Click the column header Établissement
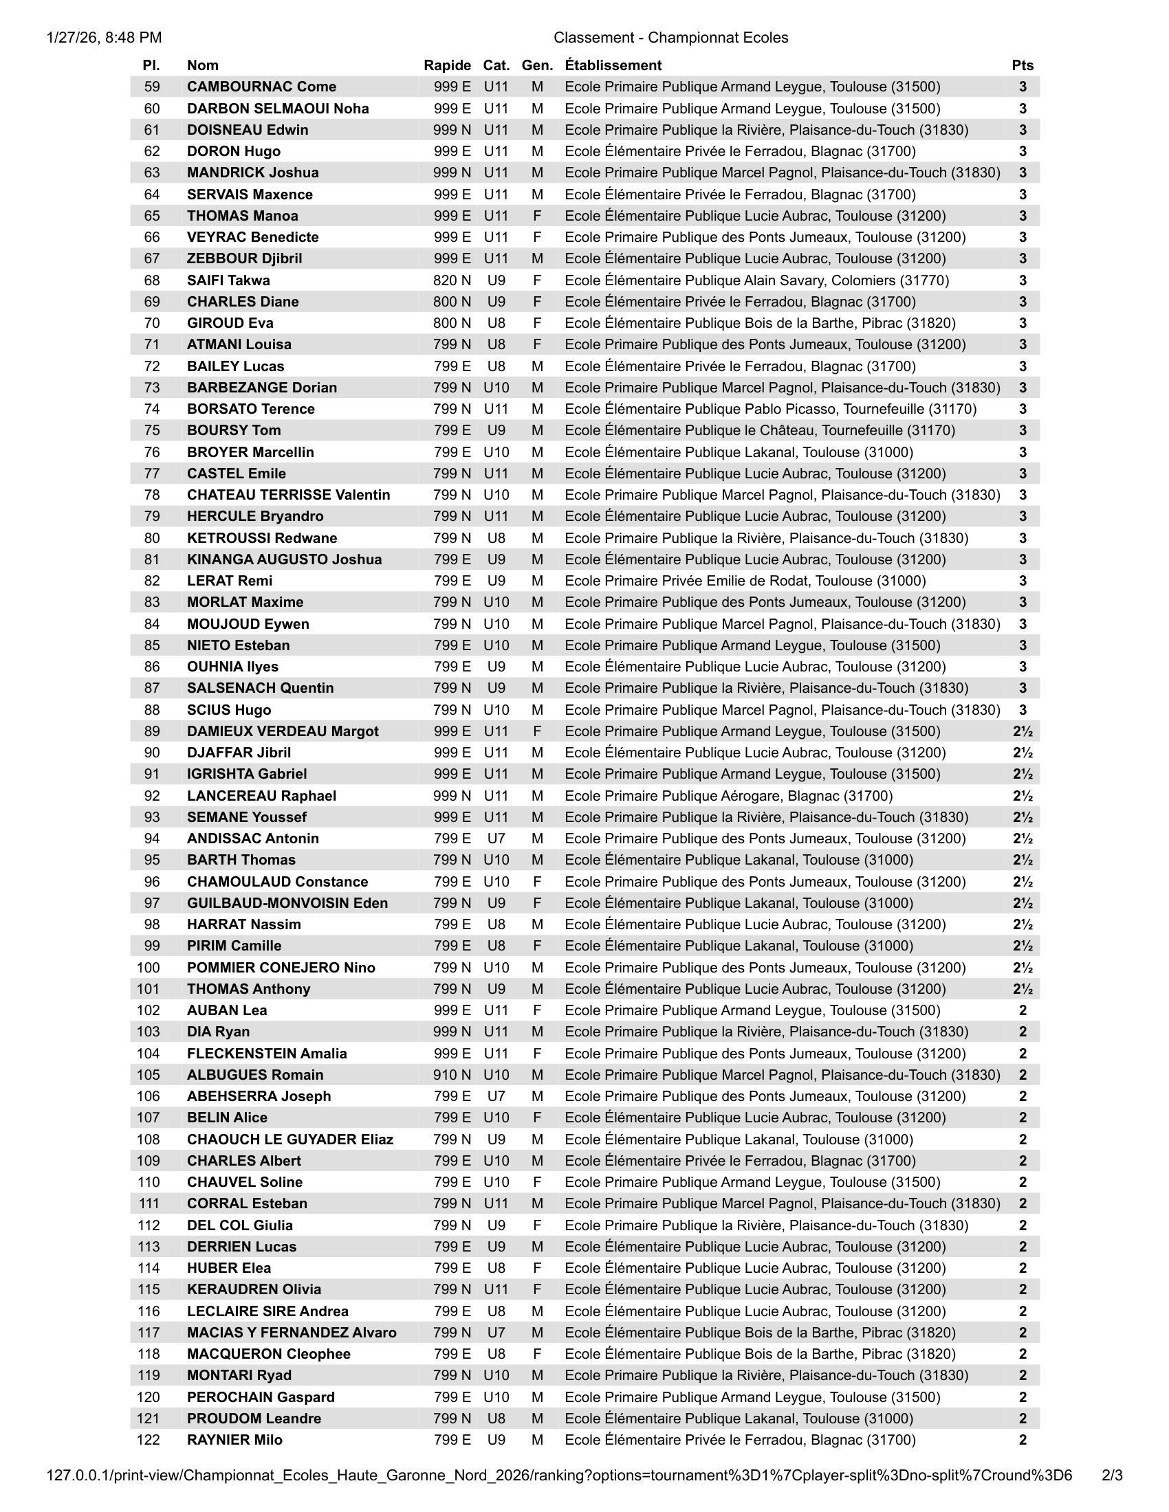tap(613, 65)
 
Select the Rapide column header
tap(447, 65)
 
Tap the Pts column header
tap(1022, 65)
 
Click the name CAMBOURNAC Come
tap(261, 87)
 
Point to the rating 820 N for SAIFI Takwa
tap(452, 280)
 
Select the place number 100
tap(149, 967)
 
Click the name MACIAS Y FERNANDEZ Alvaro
tap(292, 1332)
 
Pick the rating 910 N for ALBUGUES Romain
tap(452, 1074)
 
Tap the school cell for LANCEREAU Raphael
tap(728, 795)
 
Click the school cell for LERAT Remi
tap(745, 581)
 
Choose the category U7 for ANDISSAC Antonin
tap(496, 838)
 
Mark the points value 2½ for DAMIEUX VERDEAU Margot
tap(1022, 731)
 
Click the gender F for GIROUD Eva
tap(537, 322)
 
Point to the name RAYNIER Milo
tap(234, 1439)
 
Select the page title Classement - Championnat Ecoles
tap(670, 37)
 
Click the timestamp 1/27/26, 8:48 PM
tap(104, 37)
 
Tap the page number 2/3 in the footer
tap(1111, 1476)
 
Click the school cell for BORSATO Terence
tap(770, 408)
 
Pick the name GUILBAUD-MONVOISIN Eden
tap(287, 903)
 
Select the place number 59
tap(152, 87)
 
